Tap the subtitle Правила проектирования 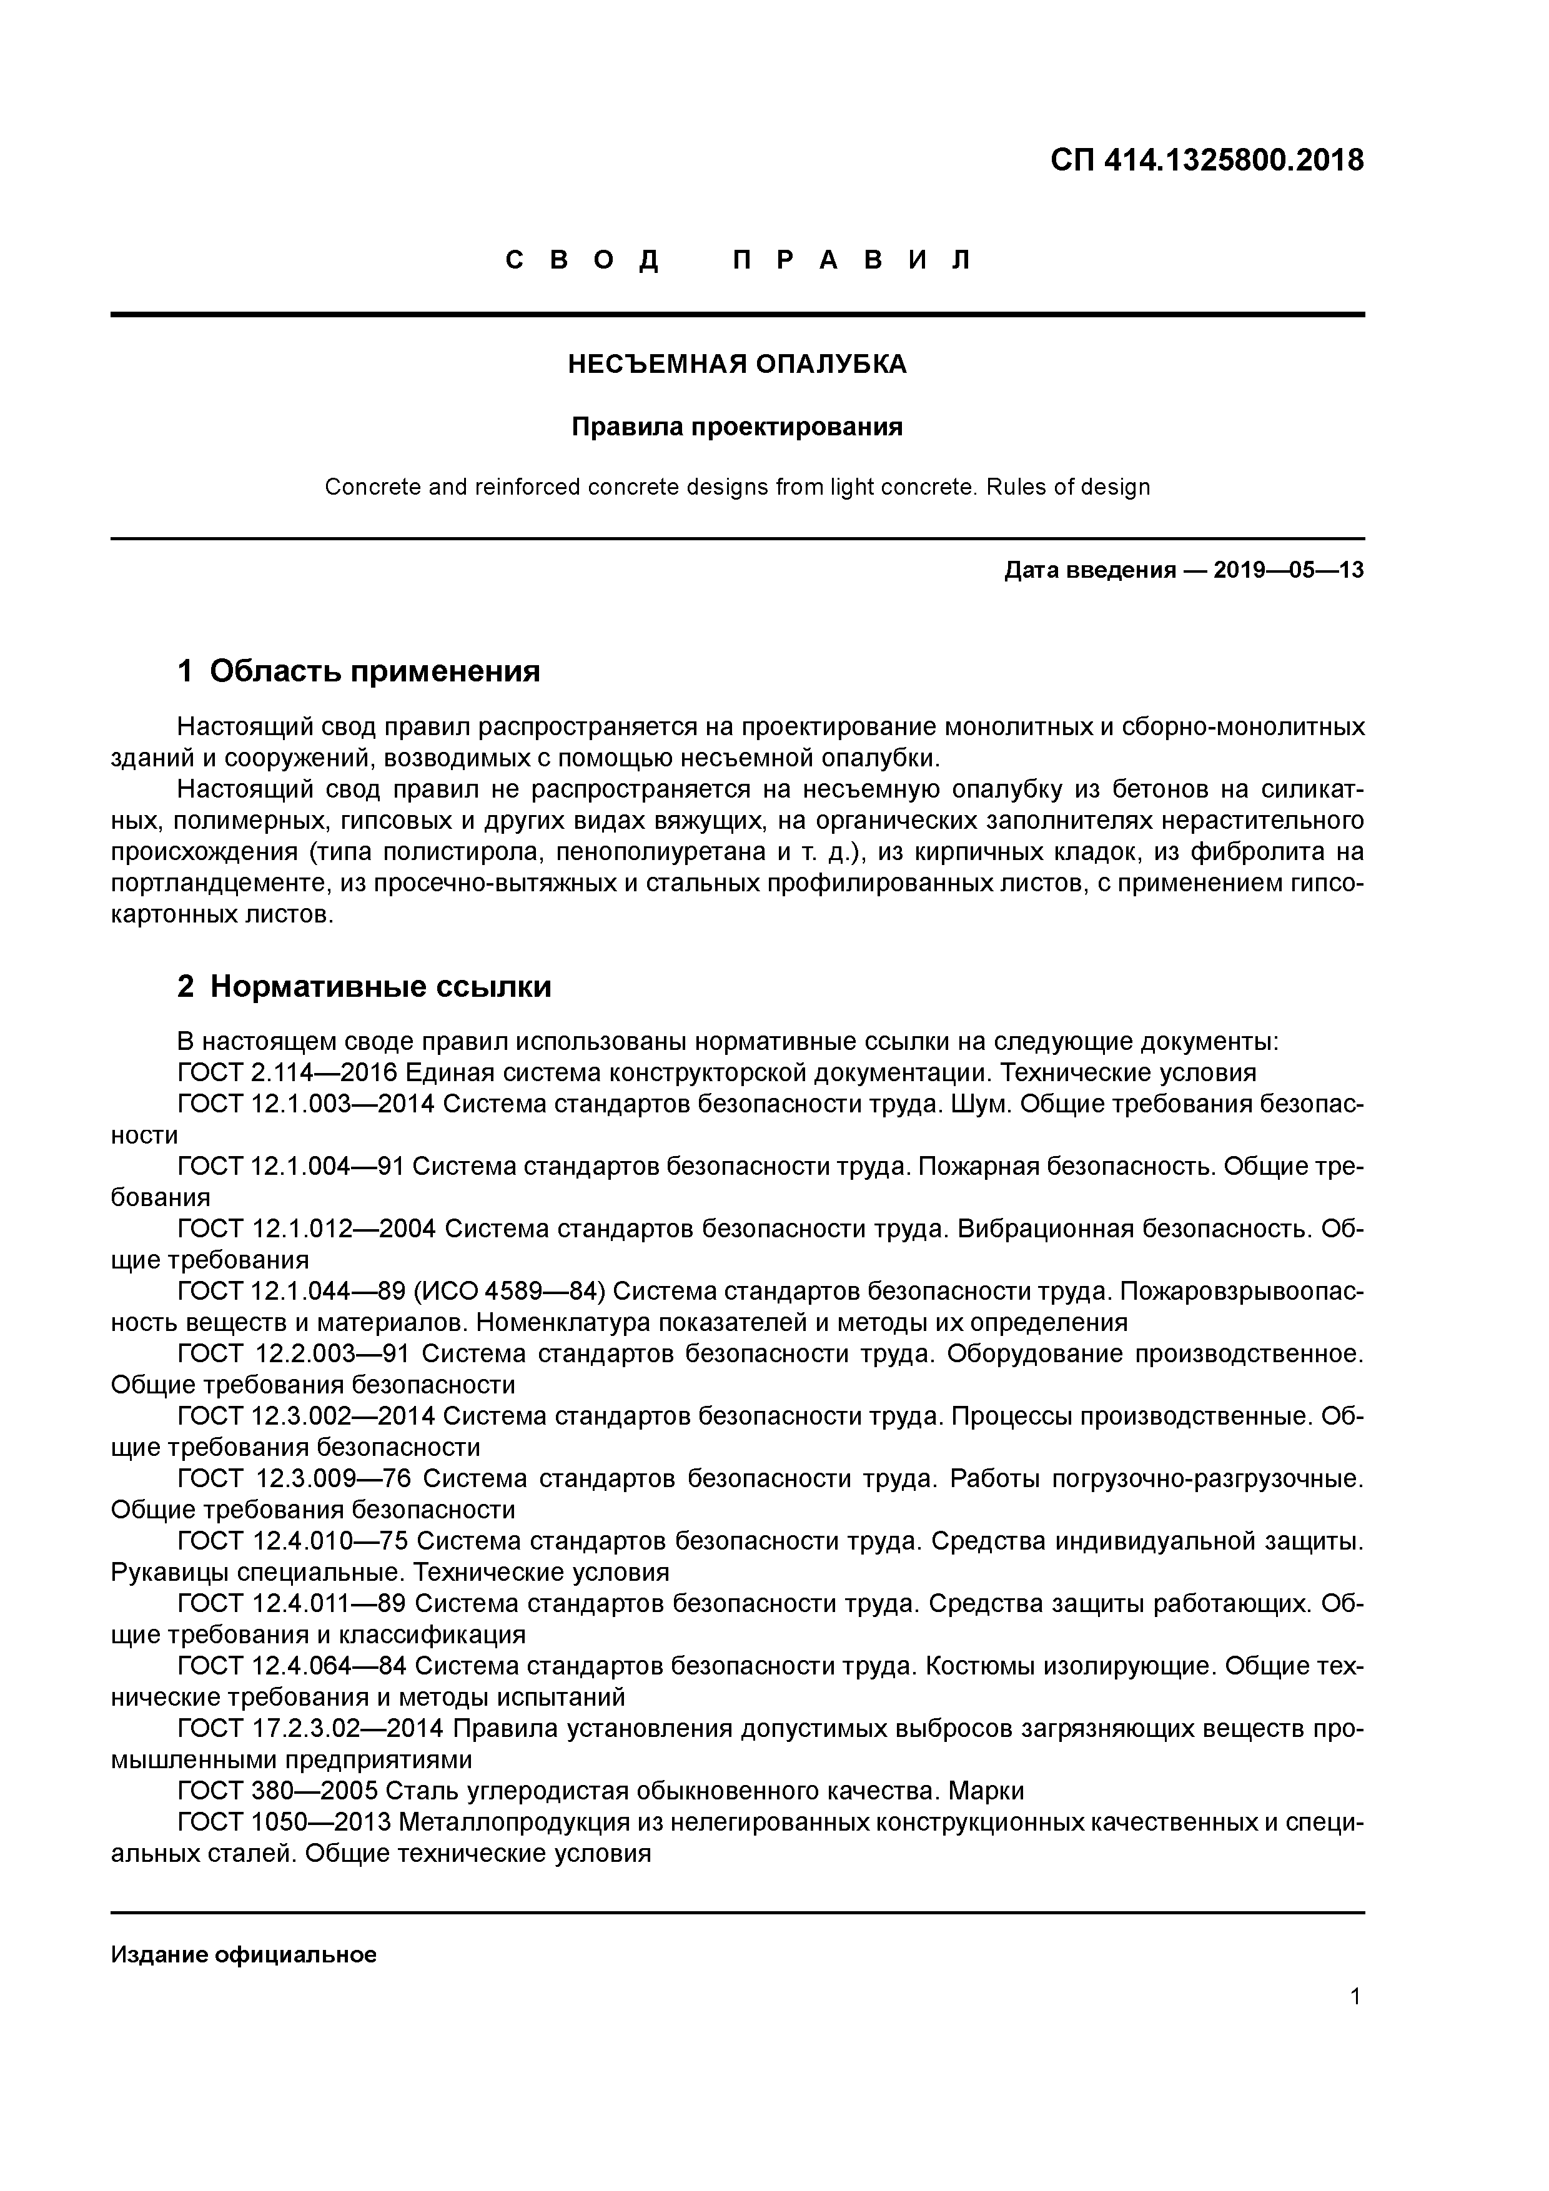point(737,427)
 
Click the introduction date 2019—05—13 point(1289,571)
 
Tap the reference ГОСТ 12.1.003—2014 point(305,1104)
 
